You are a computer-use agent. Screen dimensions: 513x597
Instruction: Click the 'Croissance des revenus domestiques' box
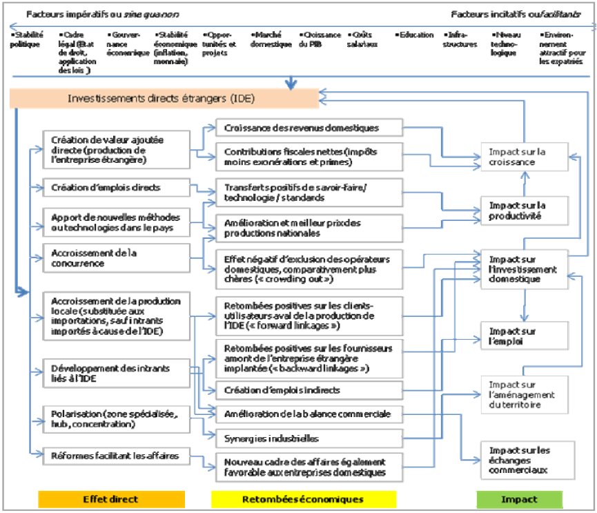tap(309, 128)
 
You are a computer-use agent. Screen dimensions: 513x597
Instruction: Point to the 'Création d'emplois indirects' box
tap(309, 390)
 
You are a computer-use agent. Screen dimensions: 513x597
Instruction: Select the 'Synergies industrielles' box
tap(309, 438)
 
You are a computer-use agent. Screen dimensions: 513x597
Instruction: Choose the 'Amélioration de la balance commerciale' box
tap(309, 414)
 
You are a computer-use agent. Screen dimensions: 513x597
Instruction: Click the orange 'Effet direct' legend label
tap(110, 499)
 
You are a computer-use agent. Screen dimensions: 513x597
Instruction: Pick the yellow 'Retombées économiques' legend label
tap(304, 499)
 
